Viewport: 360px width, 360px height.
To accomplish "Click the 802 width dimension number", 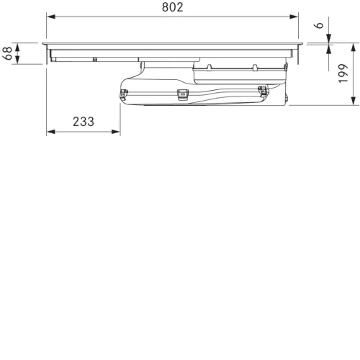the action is pos(172,7).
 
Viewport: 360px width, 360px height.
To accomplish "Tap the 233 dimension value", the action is pos(84,122).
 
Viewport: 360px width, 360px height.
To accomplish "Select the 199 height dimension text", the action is pos(343,73).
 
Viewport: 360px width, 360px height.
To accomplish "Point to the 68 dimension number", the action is pos(7,53).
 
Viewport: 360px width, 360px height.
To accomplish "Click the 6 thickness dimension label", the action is pos(320,25).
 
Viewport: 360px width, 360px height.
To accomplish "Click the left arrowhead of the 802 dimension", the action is pos(51,17).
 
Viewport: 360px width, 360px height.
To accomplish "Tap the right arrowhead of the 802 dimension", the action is pos(294,17).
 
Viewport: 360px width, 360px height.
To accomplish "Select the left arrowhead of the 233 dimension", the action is pos(51,132).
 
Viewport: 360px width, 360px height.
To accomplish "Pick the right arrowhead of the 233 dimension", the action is pos(116,132).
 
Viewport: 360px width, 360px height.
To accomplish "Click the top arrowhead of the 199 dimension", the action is pos(354,48).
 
